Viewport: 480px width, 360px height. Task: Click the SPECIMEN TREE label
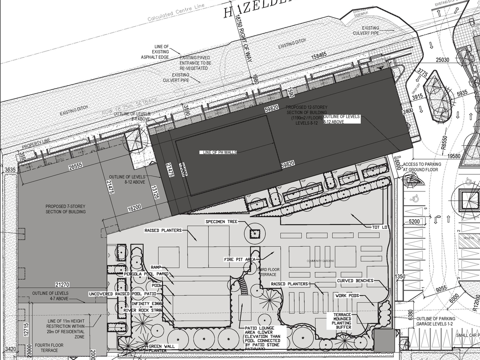coord(222,222)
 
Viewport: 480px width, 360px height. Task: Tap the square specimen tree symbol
coord(255,234)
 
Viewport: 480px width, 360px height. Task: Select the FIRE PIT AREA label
coord(240,259)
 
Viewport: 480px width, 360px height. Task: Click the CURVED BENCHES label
coord(355,281)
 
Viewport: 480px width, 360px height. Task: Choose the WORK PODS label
coord(347,295)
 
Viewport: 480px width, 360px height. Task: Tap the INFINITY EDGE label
coord(147,303)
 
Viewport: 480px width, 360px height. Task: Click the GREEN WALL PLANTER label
coord(162,349)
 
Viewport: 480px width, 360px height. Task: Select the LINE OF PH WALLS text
coord(220,152)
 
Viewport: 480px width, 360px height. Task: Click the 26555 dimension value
coord(75,167)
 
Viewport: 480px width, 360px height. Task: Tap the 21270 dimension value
coord(62,285)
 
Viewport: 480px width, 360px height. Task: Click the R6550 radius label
coord(444,142)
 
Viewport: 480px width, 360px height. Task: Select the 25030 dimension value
coord(442,60)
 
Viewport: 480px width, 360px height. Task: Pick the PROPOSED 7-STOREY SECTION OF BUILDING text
coord(66,209)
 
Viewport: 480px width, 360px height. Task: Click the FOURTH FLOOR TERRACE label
coord(49,348)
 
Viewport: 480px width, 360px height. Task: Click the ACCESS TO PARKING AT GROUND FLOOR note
coord(422,166)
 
